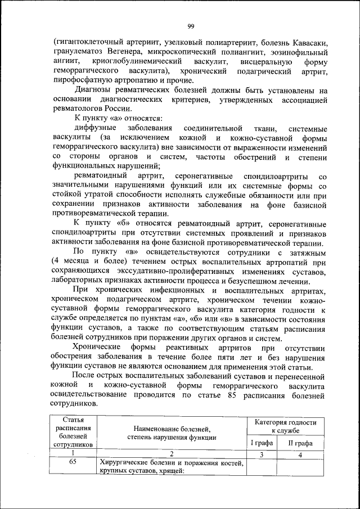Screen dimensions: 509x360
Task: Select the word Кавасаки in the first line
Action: click(308, 43)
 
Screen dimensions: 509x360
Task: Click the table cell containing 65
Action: click(73, 463)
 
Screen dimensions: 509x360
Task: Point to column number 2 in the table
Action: click(172, 453)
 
